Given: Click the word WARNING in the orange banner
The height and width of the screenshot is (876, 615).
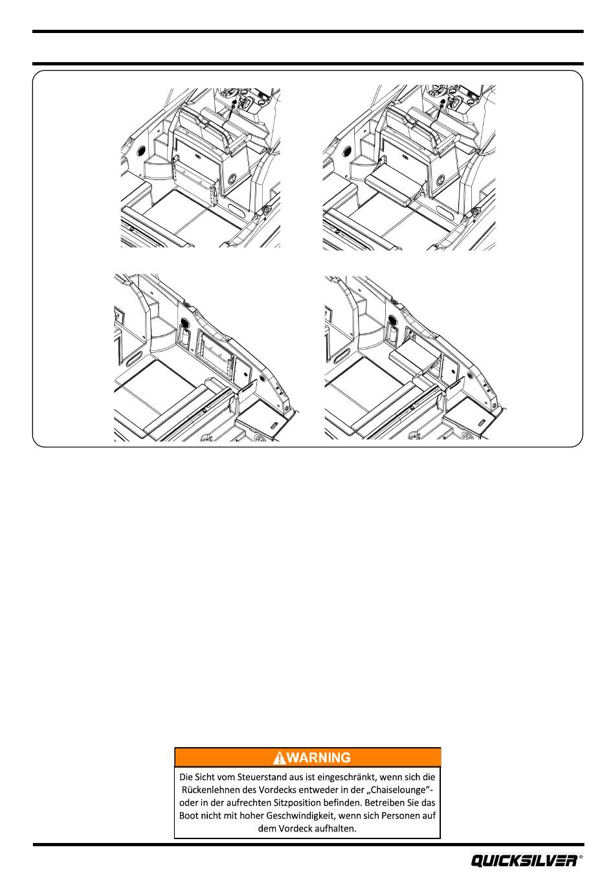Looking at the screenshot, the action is point(319,758).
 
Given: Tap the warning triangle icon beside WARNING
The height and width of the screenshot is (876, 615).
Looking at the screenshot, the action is point(279,758).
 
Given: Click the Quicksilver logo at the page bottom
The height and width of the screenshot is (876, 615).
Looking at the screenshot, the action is point(524,861).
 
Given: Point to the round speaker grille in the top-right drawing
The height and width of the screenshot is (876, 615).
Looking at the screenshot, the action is point(346,151).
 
